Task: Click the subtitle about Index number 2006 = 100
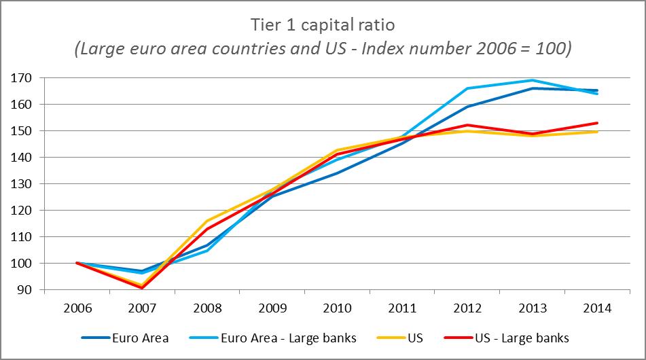click(x=323, y=49)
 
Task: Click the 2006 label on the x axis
click(x=77, y=308)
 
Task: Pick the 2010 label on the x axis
click(x=337, y=308)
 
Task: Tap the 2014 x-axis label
click(x=597, y=308)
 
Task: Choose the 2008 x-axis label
click(x=207, y=308)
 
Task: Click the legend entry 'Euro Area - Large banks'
click(x=289, y=338)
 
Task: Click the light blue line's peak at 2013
click(x=532, y=80)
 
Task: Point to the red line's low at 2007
click(x=143, y=288)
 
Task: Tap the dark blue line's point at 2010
click(x=338, y=173)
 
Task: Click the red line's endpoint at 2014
click(x=597, y=123)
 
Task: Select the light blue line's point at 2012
click(x=467, y=88)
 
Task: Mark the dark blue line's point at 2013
click(x=532, y=88)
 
